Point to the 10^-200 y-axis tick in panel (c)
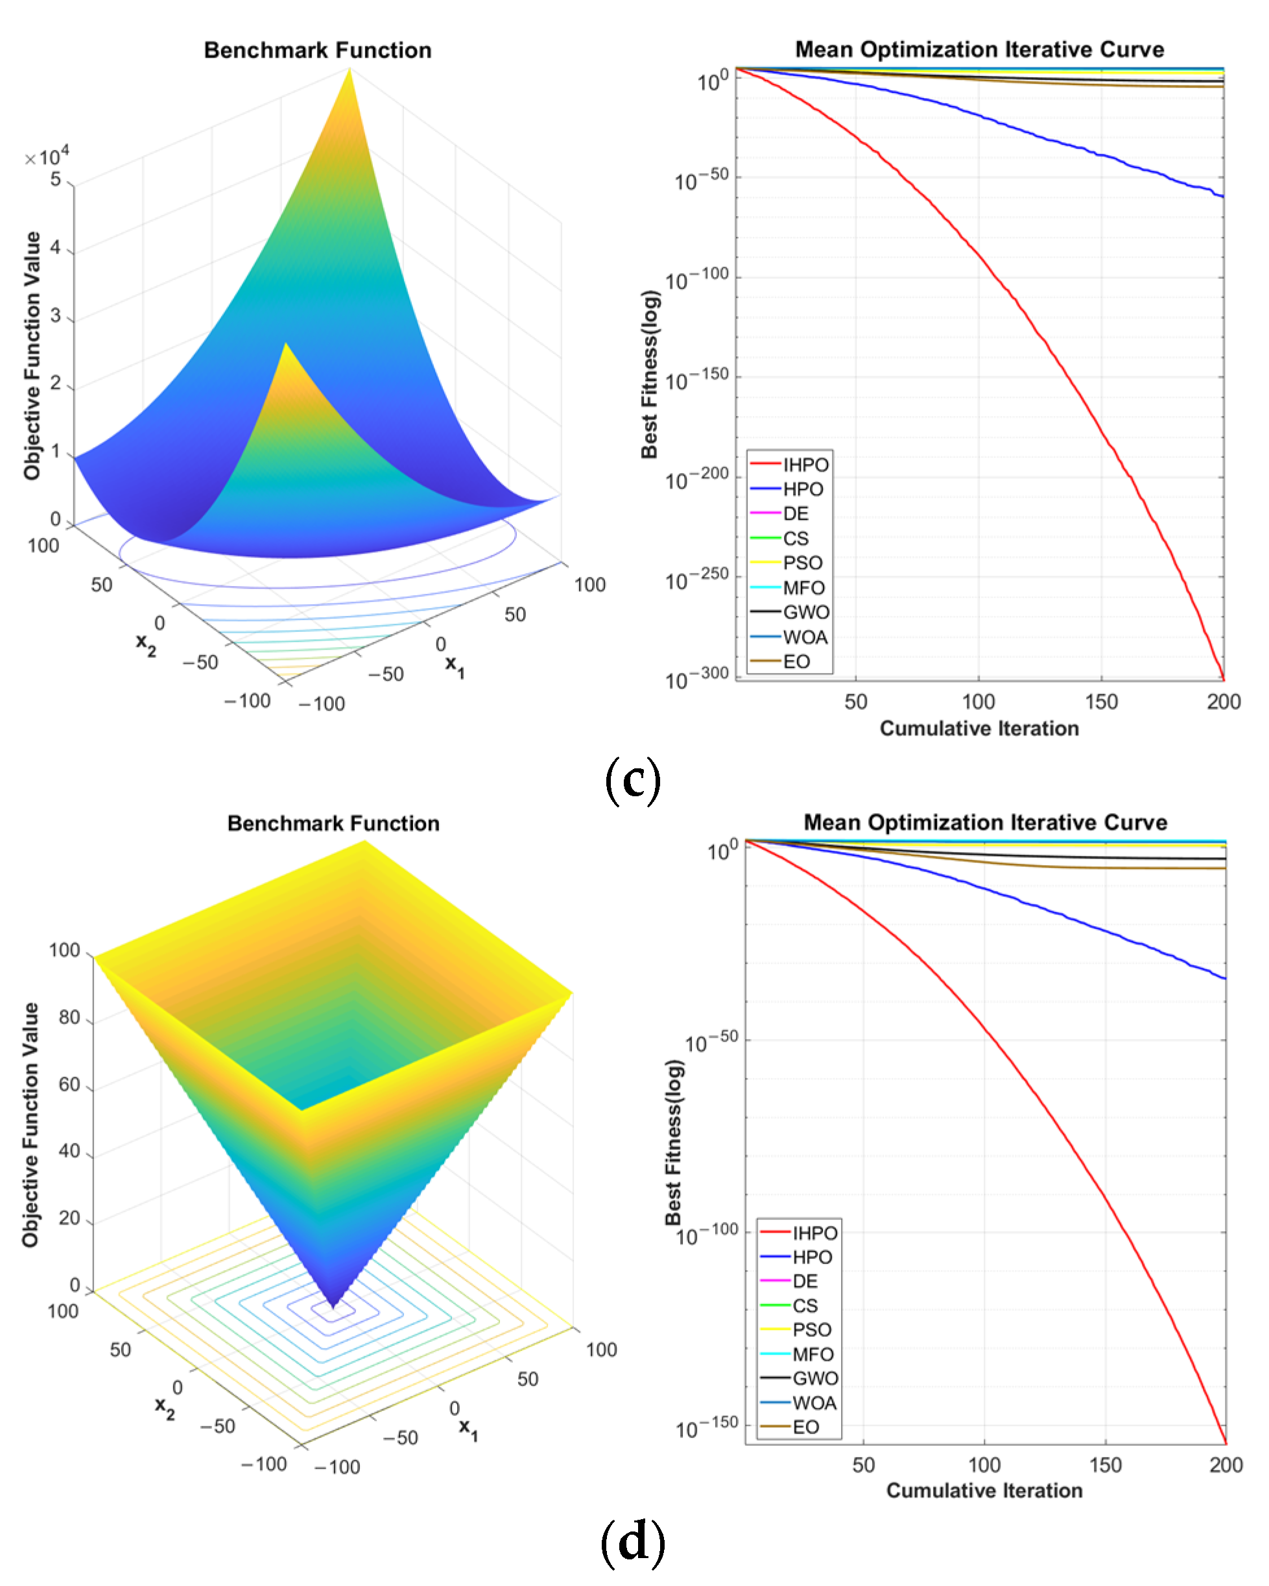(x=697, y=480)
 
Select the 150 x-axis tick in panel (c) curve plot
(x=1100, y=701)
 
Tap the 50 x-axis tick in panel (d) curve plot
(x=863, y=1465)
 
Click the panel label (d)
(x=633, y=1542)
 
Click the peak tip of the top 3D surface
(x=350, y=69)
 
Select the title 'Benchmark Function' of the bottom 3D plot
(x=333, y=823)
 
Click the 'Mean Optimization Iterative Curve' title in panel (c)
(x=979, y=49)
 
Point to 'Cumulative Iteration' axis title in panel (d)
(x=984, y=1491)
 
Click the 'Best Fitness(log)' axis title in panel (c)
(x=649, y=374)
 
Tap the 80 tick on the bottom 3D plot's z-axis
(x=69, y=1018)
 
